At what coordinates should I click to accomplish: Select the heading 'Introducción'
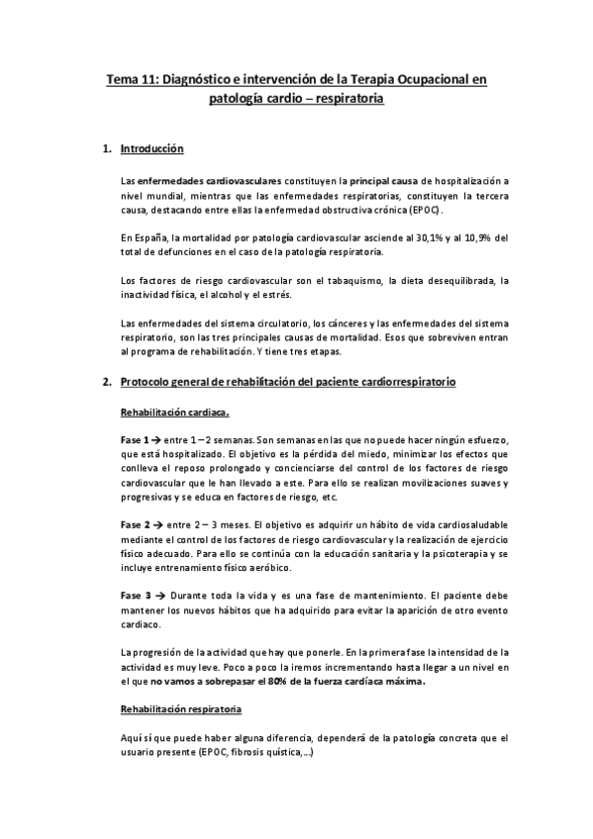coord(151,150)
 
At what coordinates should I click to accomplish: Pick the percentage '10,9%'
coord(477,238)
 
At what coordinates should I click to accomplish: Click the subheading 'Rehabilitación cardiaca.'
coord(175,411)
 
